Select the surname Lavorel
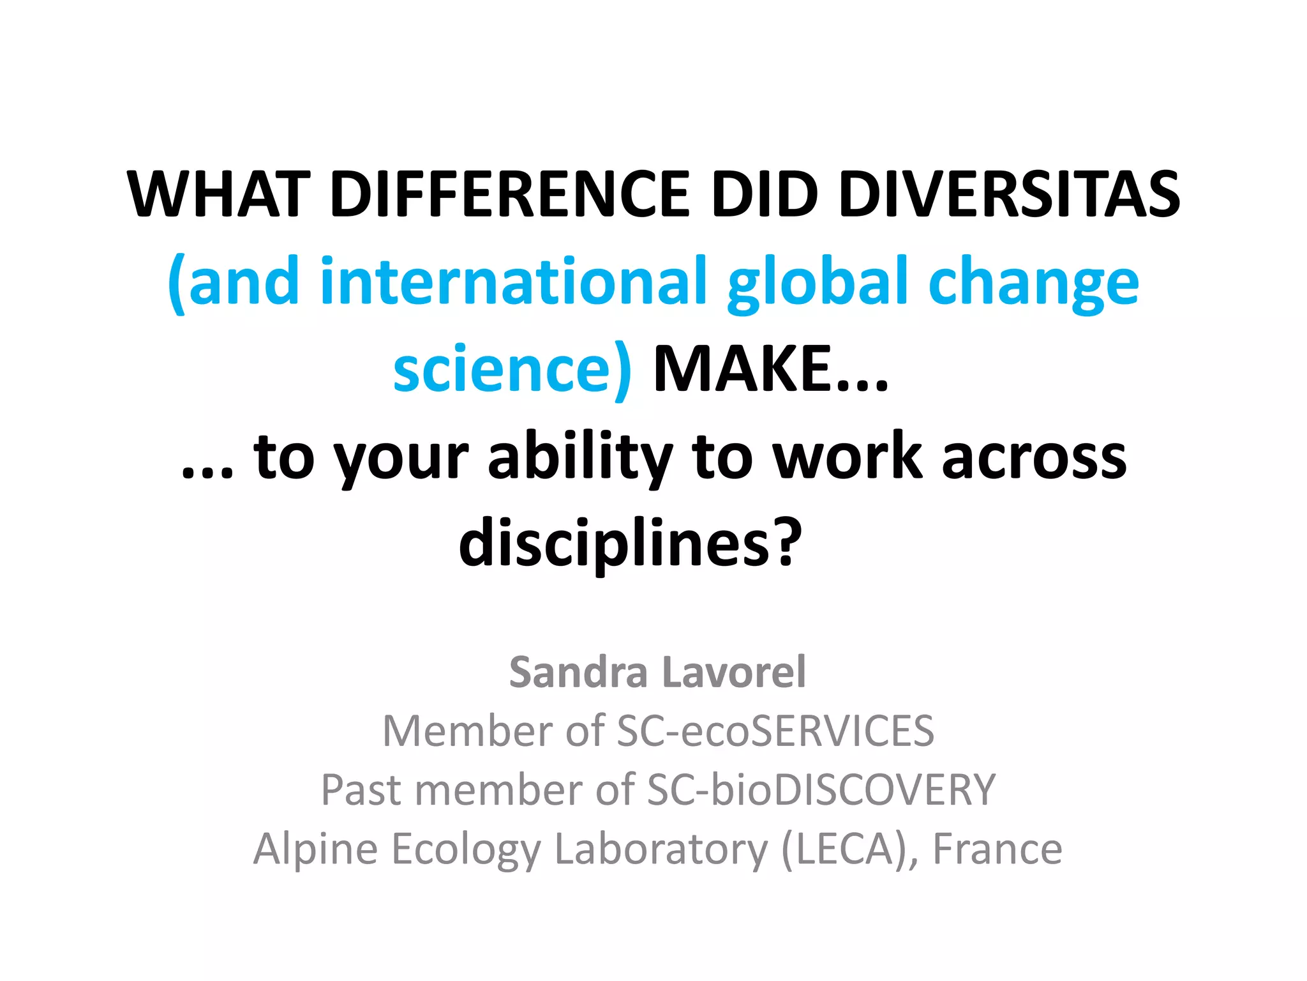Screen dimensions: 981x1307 point(734,673)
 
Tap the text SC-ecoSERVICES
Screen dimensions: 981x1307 point(775,731)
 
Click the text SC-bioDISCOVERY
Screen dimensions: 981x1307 point(821,789)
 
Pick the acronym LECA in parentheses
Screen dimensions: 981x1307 point(845,849)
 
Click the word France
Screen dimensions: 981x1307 point(997,849)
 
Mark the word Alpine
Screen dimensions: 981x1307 point(315,849)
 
